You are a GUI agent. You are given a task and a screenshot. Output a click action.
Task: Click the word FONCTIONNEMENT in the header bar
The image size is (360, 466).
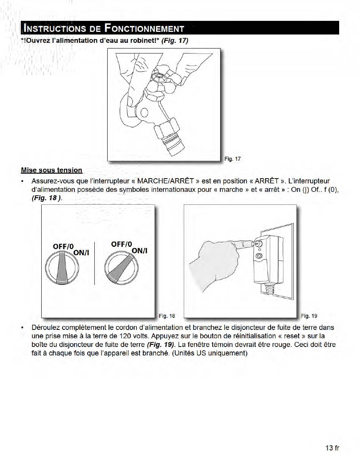(144, 28)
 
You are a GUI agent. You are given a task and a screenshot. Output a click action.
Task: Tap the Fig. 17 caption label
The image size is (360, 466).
(232, 159)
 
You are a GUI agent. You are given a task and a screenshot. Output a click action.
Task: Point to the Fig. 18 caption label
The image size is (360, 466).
(167, 315)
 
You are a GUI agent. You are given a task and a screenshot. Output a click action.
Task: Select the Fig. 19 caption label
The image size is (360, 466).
(309, 315)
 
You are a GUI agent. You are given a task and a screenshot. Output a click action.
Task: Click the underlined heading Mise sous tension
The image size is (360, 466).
(52, 170)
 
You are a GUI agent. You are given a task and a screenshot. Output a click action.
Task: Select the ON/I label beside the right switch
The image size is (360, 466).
(139, 251)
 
